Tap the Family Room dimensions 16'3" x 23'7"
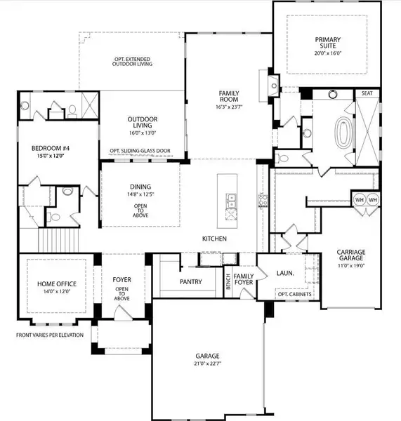click(x=230, y=108)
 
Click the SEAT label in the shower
click(x=367, y=93)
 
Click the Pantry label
click(x=190, y=282)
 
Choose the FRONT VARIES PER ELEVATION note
click(x=49, y=335)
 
